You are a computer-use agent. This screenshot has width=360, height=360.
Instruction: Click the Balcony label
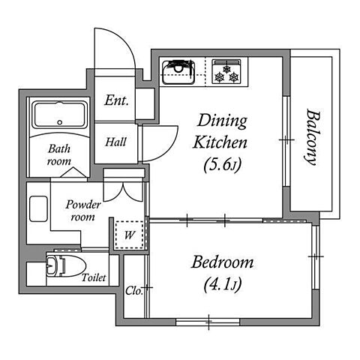pos(313,137)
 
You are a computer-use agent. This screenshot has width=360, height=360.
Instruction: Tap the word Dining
pos(222,121)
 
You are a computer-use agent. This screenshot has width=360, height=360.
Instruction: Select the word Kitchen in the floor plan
pos(220,142)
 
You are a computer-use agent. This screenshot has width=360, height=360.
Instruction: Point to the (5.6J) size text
pos(223,165)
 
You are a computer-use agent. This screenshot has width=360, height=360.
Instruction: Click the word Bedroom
pos(222,262)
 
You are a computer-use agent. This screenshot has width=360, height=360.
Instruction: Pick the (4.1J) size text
pos(223,285)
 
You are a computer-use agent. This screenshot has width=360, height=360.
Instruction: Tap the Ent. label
pos(116,100)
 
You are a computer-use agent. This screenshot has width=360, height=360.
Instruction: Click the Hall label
pos(115,142)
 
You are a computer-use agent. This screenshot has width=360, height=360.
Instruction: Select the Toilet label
pos(94,277)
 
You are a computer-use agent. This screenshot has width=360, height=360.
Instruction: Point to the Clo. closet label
pos(133,291)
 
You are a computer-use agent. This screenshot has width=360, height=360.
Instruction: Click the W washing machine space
pos(129,235)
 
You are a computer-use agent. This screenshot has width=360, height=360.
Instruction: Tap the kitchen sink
pos(178,72)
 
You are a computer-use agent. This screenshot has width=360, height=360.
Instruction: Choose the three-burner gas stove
pos(226,71)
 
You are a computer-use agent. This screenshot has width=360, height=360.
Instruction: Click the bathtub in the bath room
pos(60,115)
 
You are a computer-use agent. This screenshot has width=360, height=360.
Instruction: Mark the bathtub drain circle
pos(60,122)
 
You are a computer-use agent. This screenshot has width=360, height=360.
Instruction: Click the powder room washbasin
pos(38,208)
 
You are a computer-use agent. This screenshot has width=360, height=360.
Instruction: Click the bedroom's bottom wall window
pos(208,322)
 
